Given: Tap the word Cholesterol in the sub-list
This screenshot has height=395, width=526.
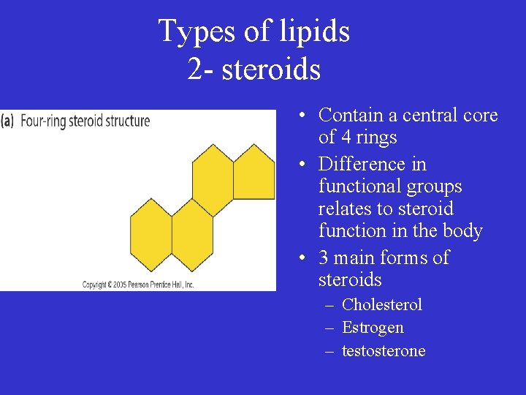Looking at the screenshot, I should [x=382, y=304].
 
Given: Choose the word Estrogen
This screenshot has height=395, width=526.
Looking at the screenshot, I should [x=373, y=328].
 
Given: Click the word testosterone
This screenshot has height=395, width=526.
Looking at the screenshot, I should [x=384, y=351].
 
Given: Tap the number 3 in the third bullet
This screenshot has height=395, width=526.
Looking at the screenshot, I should [x=324, y=257].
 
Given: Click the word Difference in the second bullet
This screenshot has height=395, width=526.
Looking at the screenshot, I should [x=373, y=164].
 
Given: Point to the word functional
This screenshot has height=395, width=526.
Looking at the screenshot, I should [x=359, y=187].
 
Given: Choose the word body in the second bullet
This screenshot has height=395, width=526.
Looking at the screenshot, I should [x=464, y=231].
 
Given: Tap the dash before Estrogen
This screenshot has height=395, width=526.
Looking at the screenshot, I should [x=329, y=328].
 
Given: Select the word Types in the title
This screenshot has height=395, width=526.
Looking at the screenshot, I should [x=187, y=32].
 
